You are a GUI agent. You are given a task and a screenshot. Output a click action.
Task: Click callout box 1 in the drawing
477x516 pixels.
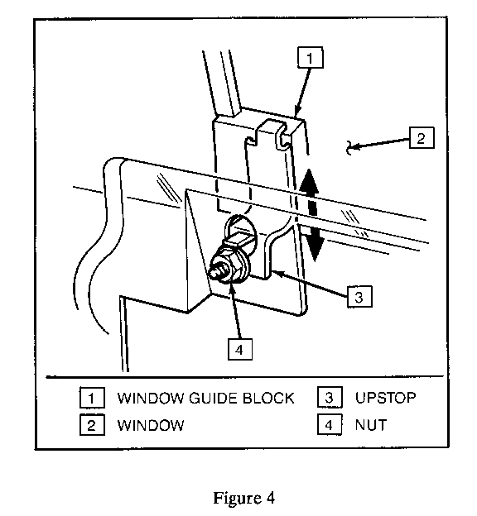pos(310,58)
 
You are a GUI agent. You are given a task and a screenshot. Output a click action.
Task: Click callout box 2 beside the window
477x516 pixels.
pos(422,137)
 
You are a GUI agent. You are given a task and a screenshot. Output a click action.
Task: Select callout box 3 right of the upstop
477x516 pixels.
pos(359,297)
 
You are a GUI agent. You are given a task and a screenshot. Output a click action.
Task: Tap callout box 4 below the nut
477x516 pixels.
pos(240,349)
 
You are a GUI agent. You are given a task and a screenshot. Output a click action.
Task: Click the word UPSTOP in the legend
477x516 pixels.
pos(385,398)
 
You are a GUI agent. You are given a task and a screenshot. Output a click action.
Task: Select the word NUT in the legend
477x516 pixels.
pos(370,425)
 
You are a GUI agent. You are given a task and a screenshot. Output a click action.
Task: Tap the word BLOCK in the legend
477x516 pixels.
pos(268,398)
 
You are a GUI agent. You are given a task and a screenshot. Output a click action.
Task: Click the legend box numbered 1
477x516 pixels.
pos(92,398)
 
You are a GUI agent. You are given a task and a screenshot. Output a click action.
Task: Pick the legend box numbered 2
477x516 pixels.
pos(92,425)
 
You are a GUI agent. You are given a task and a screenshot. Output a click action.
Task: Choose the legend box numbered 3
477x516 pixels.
pos(330,397)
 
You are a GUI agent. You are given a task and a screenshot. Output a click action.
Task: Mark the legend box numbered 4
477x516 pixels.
pos(330,424)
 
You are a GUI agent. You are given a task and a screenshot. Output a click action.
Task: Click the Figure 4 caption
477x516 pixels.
pos(244,498)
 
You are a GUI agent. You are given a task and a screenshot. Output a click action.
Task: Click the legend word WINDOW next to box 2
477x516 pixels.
pos(151,425)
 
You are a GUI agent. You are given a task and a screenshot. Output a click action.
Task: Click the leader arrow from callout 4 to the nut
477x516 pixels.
pos(235,311)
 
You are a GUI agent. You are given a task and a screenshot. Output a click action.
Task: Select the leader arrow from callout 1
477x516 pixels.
pos(302,92)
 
